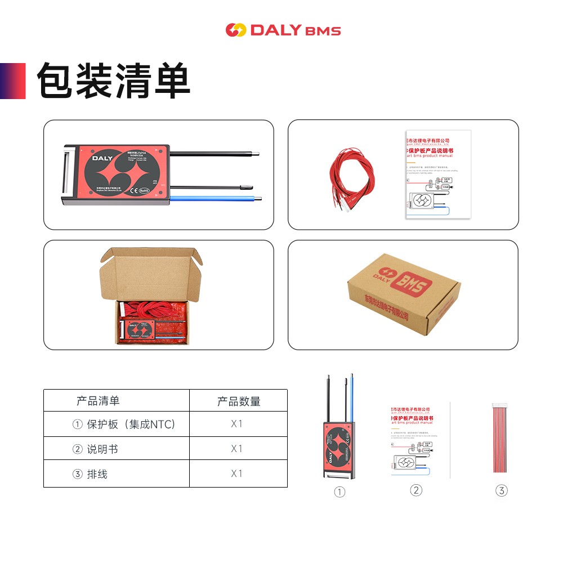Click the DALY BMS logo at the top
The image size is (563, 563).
(283, 30)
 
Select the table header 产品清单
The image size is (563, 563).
(98, 401)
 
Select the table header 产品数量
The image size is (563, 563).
(239, 401)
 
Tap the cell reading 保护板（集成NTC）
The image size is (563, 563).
(124, 425)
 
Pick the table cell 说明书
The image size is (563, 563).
(96, 449)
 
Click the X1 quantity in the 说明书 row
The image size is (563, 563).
(236, 449)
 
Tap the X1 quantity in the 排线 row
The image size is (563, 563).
(236, 473)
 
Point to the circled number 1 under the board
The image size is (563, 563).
(339, 492)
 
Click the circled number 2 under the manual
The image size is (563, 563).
(416, 490)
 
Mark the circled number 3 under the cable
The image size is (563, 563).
(501, 490)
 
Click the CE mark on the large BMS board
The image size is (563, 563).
(135, 190)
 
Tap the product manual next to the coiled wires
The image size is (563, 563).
(437, 175)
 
